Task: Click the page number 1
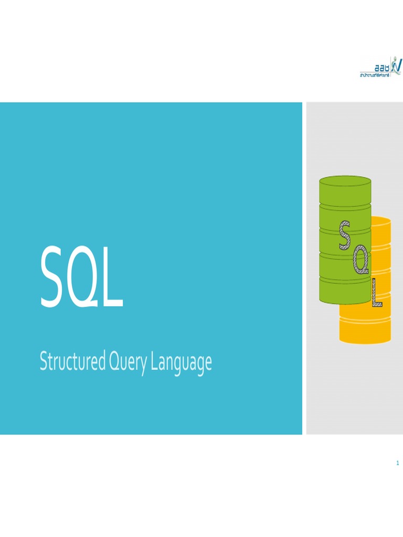398,463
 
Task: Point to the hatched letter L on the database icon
377,293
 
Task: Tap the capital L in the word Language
155,362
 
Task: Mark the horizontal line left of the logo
367,72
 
